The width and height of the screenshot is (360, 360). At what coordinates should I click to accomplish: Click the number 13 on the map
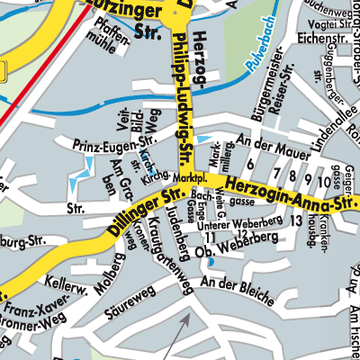point(296,220)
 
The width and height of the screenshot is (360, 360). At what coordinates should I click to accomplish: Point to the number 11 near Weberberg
point(209,237)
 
